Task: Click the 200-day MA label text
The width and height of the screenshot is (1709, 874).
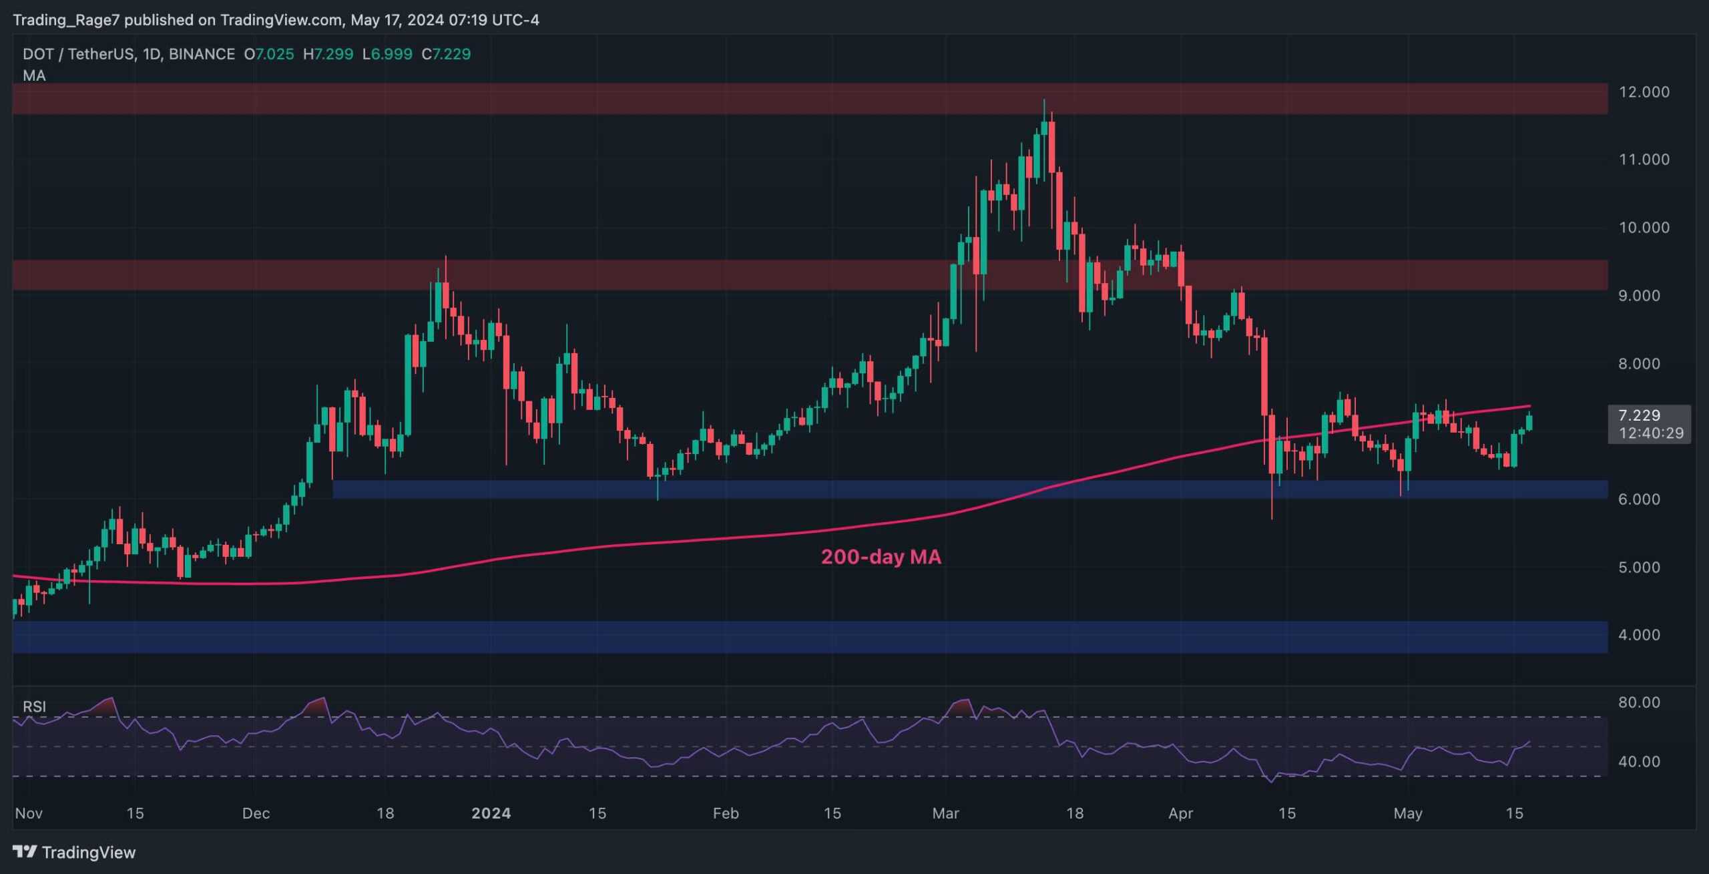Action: pyautogui.click(x=881, y=557)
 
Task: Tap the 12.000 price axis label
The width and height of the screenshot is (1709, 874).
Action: pyautogui.click(x=1644, y=92)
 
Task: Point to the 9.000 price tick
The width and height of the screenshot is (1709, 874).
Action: pyautogui.click(x=1639, y=296)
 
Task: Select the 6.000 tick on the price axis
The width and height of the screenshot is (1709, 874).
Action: pyautogui.click(x=1639, y=499)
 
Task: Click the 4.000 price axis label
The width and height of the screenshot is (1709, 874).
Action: pyautogui.click(x=1639, y=635)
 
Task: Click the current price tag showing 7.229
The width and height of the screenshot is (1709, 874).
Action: pyautogui.click(x=1639, y=415)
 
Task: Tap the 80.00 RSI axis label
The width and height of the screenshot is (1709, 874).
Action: pyautogui.click(x=1639, y=702)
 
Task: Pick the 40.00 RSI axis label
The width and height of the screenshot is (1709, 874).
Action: pyautogui.click(x=1639, y=762)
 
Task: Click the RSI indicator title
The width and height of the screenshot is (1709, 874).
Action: pyautogui.click(x=34, y=706)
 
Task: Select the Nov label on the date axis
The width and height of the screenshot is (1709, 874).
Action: pyautogui.click(x=29, y=813)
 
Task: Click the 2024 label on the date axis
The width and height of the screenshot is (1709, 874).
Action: pyautogui.click(x=491, y=813)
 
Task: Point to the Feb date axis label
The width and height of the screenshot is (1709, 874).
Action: pyautogui.click(x=726, y=813)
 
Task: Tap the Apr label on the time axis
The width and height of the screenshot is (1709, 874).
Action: pyautogui.click(x=1180, y=813)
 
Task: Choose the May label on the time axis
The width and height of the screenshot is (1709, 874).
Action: pyautogui.click(x=1408, y=813)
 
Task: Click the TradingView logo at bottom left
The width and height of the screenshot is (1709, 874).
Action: pyautogui.click(x=74, y=853)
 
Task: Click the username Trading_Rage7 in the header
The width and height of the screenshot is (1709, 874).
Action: pyautogui.click(x=66, y=20)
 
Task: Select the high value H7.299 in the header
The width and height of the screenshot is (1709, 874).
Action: pyautogui.click(x=328, y=54)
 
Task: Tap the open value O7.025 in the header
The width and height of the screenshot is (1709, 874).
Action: pyautogui.click(x=269, y=54)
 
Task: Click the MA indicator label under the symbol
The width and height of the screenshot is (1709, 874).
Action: pyautogui.click(x=34, y=76)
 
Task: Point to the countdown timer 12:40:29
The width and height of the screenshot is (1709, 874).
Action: pyautogui.click(x=1651, y=433)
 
